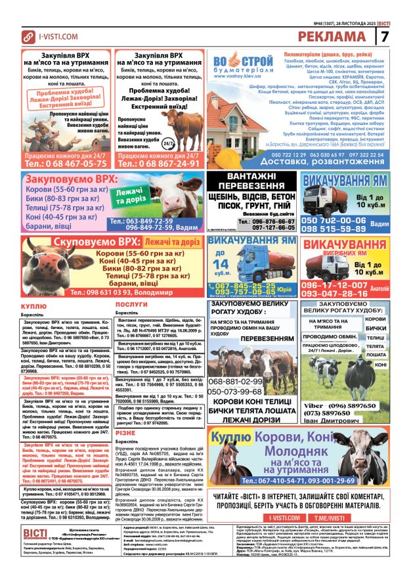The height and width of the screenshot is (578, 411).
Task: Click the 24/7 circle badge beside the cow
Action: coord(186,143)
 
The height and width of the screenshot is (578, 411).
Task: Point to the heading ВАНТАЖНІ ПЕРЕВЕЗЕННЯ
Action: coord(251,181)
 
